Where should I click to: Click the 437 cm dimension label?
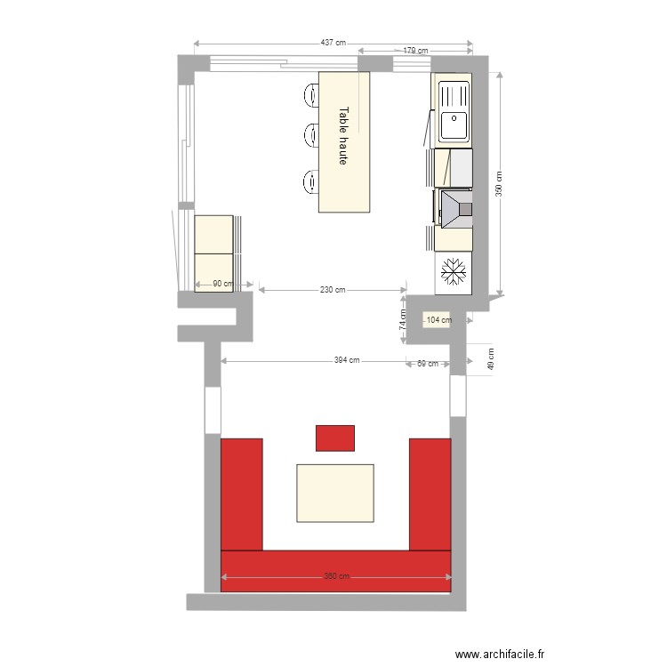333,43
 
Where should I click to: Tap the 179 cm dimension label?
415,52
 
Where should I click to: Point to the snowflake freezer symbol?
454,271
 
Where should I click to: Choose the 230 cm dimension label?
333,290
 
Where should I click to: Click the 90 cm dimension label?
222,285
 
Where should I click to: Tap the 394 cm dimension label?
347,360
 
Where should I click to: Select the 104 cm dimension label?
439,320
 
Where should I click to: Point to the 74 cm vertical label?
401,318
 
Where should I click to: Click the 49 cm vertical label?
490,359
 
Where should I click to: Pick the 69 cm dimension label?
427,363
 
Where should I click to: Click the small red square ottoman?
335,438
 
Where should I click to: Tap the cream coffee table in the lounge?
335,493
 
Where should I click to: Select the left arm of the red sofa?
242,494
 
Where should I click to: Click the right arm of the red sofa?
431,494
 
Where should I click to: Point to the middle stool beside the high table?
311,135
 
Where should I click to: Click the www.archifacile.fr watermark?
498,655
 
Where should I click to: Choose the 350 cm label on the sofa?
336,576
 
